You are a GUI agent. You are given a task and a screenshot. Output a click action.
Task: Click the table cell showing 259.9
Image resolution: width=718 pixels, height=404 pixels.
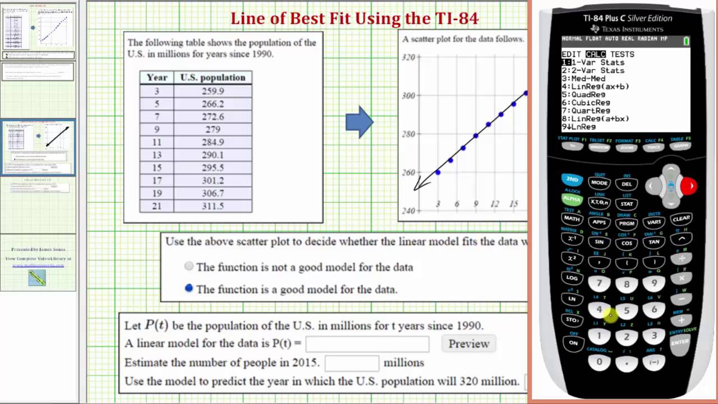213,91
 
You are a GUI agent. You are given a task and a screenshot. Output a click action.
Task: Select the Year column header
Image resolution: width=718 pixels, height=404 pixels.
157,77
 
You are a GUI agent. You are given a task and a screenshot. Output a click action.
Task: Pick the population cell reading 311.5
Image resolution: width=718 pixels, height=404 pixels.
213,206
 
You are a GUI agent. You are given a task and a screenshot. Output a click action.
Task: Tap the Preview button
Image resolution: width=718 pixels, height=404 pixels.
469,343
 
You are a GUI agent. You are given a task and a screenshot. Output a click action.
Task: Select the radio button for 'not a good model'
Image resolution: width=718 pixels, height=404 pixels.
189,267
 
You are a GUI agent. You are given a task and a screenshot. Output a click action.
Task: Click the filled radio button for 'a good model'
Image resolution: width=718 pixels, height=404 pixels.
189,288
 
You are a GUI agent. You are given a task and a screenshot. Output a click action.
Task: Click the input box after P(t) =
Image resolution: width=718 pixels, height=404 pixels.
367,343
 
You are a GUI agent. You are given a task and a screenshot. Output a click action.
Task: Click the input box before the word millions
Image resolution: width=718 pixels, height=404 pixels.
352,362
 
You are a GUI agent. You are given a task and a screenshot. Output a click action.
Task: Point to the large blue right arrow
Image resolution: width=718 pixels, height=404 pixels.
359,122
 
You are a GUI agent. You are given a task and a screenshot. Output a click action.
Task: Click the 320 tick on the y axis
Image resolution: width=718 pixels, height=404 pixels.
408,57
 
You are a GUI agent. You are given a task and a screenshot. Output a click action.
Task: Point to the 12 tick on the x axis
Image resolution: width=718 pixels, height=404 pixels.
494,204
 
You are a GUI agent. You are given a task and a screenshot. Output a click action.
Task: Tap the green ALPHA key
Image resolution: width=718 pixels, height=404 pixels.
572,199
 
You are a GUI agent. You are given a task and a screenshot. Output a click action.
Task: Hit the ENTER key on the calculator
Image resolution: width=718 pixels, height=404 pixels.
680,342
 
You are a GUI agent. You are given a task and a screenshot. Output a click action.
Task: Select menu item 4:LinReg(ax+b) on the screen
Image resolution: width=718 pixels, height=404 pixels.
593,86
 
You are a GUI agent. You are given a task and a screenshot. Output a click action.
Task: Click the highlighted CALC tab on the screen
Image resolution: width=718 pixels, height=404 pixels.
596,54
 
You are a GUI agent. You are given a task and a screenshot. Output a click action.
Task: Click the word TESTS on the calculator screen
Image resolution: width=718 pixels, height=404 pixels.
622,54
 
